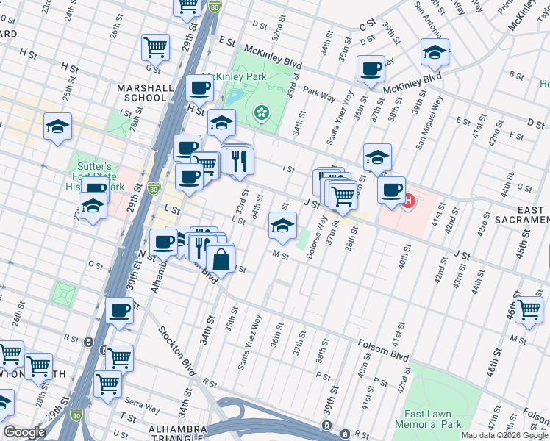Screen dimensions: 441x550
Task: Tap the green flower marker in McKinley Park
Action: tap(260, 112)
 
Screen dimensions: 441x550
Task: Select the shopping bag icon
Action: tap(221, 258)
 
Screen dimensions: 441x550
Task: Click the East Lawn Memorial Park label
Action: tap(429, 419)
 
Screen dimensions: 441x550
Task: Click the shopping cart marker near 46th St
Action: tap(529, 309)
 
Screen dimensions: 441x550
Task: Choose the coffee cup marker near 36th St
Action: tap(371, 69)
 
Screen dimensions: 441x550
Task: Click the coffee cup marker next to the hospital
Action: tap(392, 190)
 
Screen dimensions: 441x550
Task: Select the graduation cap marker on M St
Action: tap(282, 226)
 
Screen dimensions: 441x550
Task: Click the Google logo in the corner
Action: tap(24, 432)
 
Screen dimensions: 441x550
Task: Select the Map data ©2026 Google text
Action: tap(504, 435)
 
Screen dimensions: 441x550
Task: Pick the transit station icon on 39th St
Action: tap(326, 426)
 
